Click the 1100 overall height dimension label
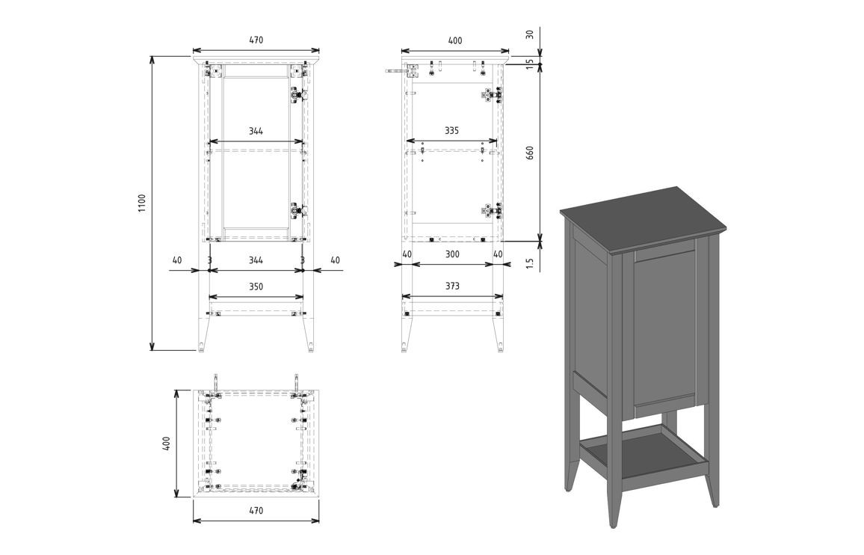point(142,203)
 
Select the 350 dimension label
point(256,287)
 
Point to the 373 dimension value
point(452,286)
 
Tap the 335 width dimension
point(452,131)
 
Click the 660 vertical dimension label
point(530,153)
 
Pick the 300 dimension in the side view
point(452,254)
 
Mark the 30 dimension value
point(529,34)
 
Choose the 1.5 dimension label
point(529,263)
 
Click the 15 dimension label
point(529,64)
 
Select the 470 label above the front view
point(256,40)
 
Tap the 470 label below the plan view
point(256,511)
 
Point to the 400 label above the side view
point(455,41)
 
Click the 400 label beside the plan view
point(167,443)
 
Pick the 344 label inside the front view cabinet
point(256,131)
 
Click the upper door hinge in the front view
point(298,95)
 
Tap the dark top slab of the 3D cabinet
point(642,220)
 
